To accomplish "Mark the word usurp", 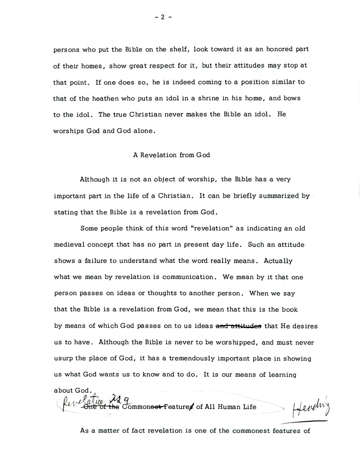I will (x=63, y=358).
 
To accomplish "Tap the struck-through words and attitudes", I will (x=238, y=326).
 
